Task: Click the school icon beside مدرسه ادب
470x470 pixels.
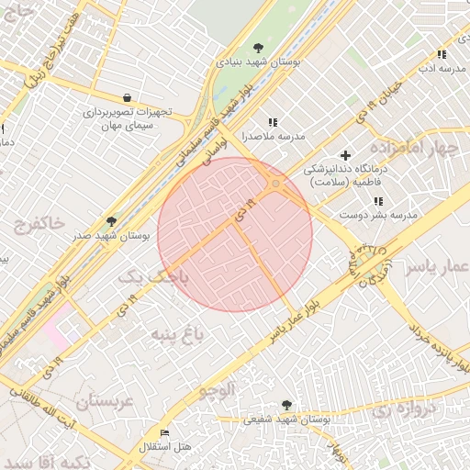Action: (x=442, y=54)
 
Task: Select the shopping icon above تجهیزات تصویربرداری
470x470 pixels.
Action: (x=126, y=97)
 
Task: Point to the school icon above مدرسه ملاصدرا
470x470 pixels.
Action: (x=272, y=121)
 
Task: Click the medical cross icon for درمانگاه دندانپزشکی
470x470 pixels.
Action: (x=345, y=155)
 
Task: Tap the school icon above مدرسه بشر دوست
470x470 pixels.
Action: (x=378, y=200)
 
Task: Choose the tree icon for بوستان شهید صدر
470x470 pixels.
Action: (x=112, y=221)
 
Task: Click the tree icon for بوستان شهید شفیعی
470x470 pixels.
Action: (x=287, y=404)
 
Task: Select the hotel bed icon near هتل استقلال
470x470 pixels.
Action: (x=165, y=432)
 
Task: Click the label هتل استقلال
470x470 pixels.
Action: (x=165, y=447)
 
